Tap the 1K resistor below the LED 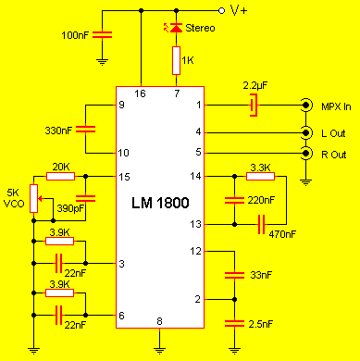(176, 60)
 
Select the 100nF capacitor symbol (103, 34)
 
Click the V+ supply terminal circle (221, 11)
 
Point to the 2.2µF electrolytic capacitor (254, 105)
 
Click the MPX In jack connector (305, 106)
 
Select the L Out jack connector (305, 133)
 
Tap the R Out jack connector (305, 154)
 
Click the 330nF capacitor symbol (86, 129)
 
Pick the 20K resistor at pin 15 (60, 177)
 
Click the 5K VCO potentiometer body (34, 199)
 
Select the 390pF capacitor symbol (86, 198)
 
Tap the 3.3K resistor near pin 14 (260, 176)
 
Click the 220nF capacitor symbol (234, 200)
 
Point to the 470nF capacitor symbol (261, 224)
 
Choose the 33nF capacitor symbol (234, 275)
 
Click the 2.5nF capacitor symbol (234, 323)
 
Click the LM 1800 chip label (160, 203)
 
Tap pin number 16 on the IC (140, 93)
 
